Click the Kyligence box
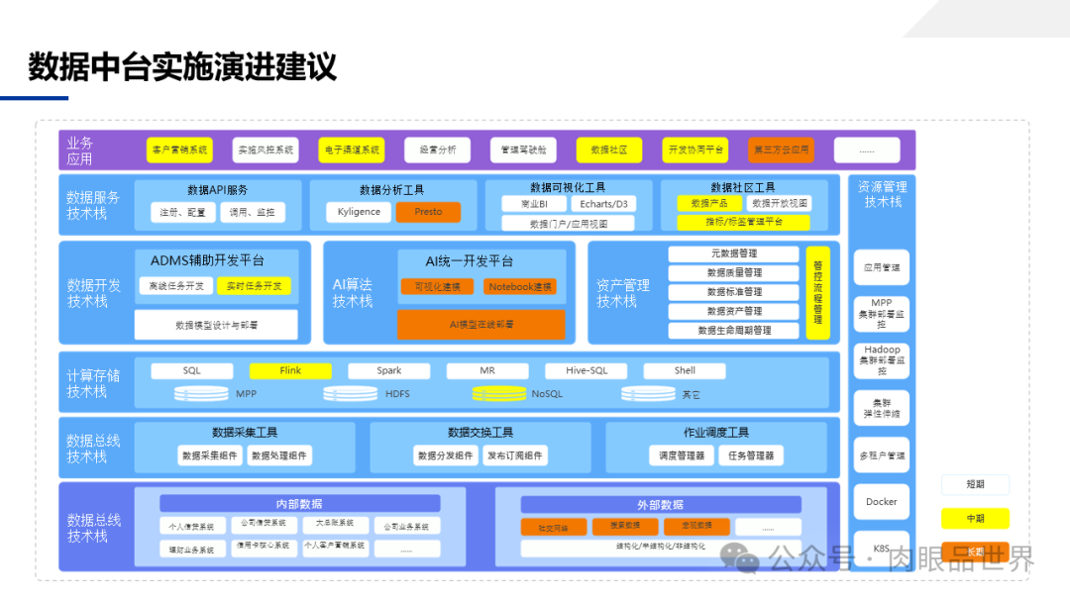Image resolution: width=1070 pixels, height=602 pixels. pos(359,212)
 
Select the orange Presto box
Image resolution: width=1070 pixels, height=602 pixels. pos(428,212)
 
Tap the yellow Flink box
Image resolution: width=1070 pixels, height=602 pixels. pos(290,371)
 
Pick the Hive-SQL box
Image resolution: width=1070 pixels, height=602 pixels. pos(587,371)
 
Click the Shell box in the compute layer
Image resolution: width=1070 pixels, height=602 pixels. pos(685,371)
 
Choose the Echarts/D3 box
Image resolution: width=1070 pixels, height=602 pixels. pos(603,204)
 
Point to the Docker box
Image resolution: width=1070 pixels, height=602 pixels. pos(881,502)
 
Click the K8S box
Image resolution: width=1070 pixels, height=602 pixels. pos(881,549)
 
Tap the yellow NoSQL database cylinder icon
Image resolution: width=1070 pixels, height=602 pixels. pos(499,393)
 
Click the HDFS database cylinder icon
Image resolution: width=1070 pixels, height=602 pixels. pos(351,393)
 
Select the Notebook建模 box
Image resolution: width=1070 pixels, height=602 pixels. pos(520,286)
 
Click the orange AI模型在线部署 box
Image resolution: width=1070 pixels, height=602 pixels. pos(481,324)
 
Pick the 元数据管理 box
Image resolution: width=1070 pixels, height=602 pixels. pos(733,253)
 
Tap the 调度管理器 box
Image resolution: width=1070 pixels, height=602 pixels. pos(682,455)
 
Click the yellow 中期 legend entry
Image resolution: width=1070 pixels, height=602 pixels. pos(975,518)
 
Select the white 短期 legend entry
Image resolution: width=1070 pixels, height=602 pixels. pos(975,485)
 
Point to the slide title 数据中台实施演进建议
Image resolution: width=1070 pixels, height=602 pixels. pos(182,67)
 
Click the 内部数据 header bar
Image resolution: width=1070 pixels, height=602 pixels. pos(299,504)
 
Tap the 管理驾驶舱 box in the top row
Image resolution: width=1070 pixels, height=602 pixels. pos(523,150)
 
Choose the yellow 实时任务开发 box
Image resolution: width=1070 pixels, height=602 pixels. pos(254,286)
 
